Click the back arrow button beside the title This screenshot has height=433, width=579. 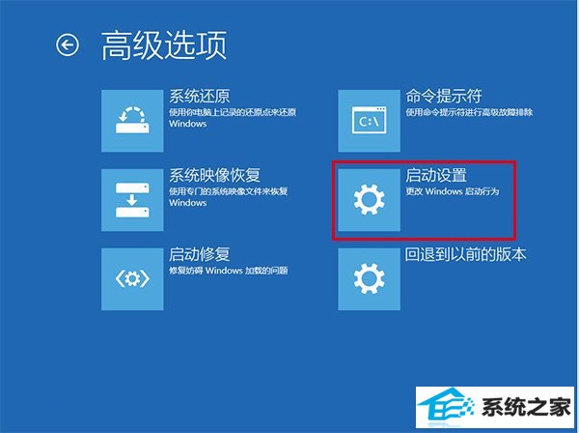68,45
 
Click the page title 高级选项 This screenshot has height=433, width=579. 164,45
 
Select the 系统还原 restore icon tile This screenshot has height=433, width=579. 132,121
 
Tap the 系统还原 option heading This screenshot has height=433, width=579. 200,96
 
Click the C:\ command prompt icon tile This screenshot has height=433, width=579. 369,121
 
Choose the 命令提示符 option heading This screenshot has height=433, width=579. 444,96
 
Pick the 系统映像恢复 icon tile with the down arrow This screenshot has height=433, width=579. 132,200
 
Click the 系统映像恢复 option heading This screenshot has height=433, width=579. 214,175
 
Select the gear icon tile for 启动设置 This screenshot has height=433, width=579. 369,200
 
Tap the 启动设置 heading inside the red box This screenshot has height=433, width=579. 436,175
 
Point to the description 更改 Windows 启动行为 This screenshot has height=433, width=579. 453,191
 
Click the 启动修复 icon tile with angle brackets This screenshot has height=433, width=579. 132,279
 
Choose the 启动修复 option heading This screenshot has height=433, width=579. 200,254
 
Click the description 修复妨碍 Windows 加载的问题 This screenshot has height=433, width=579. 228,271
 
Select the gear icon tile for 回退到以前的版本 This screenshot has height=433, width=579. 369,279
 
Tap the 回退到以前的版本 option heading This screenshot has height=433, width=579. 466,254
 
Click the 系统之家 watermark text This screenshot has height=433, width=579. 526,407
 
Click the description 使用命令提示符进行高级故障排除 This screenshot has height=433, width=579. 469,112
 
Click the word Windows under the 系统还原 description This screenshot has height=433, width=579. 187,124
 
